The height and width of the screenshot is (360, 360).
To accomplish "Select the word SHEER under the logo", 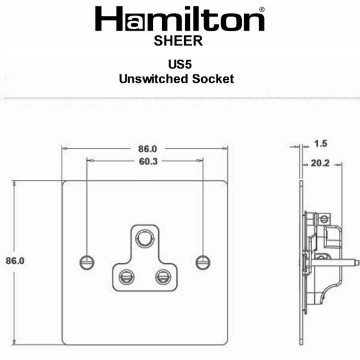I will click(x=178, y=41).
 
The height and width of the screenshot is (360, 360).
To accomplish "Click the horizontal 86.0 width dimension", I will click(x=147, y=149).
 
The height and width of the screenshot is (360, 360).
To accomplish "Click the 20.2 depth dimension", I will click(x=320, y=164).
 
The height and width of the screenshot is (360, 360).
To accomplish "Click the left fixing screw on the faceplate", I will click(x=87, y=262).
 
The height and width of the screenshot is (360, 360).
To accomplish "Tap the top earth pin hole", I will click(x=144, y=237).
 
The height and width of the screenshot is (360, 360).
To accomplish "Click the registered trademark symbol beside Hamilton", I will click(x=262, y=9).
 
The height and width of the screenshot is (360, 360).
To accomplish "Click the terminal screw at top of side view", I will click(x=322, y=218).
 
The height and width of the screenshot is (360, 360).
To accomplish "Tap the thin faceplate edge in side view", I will click(x=301, y=262).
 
